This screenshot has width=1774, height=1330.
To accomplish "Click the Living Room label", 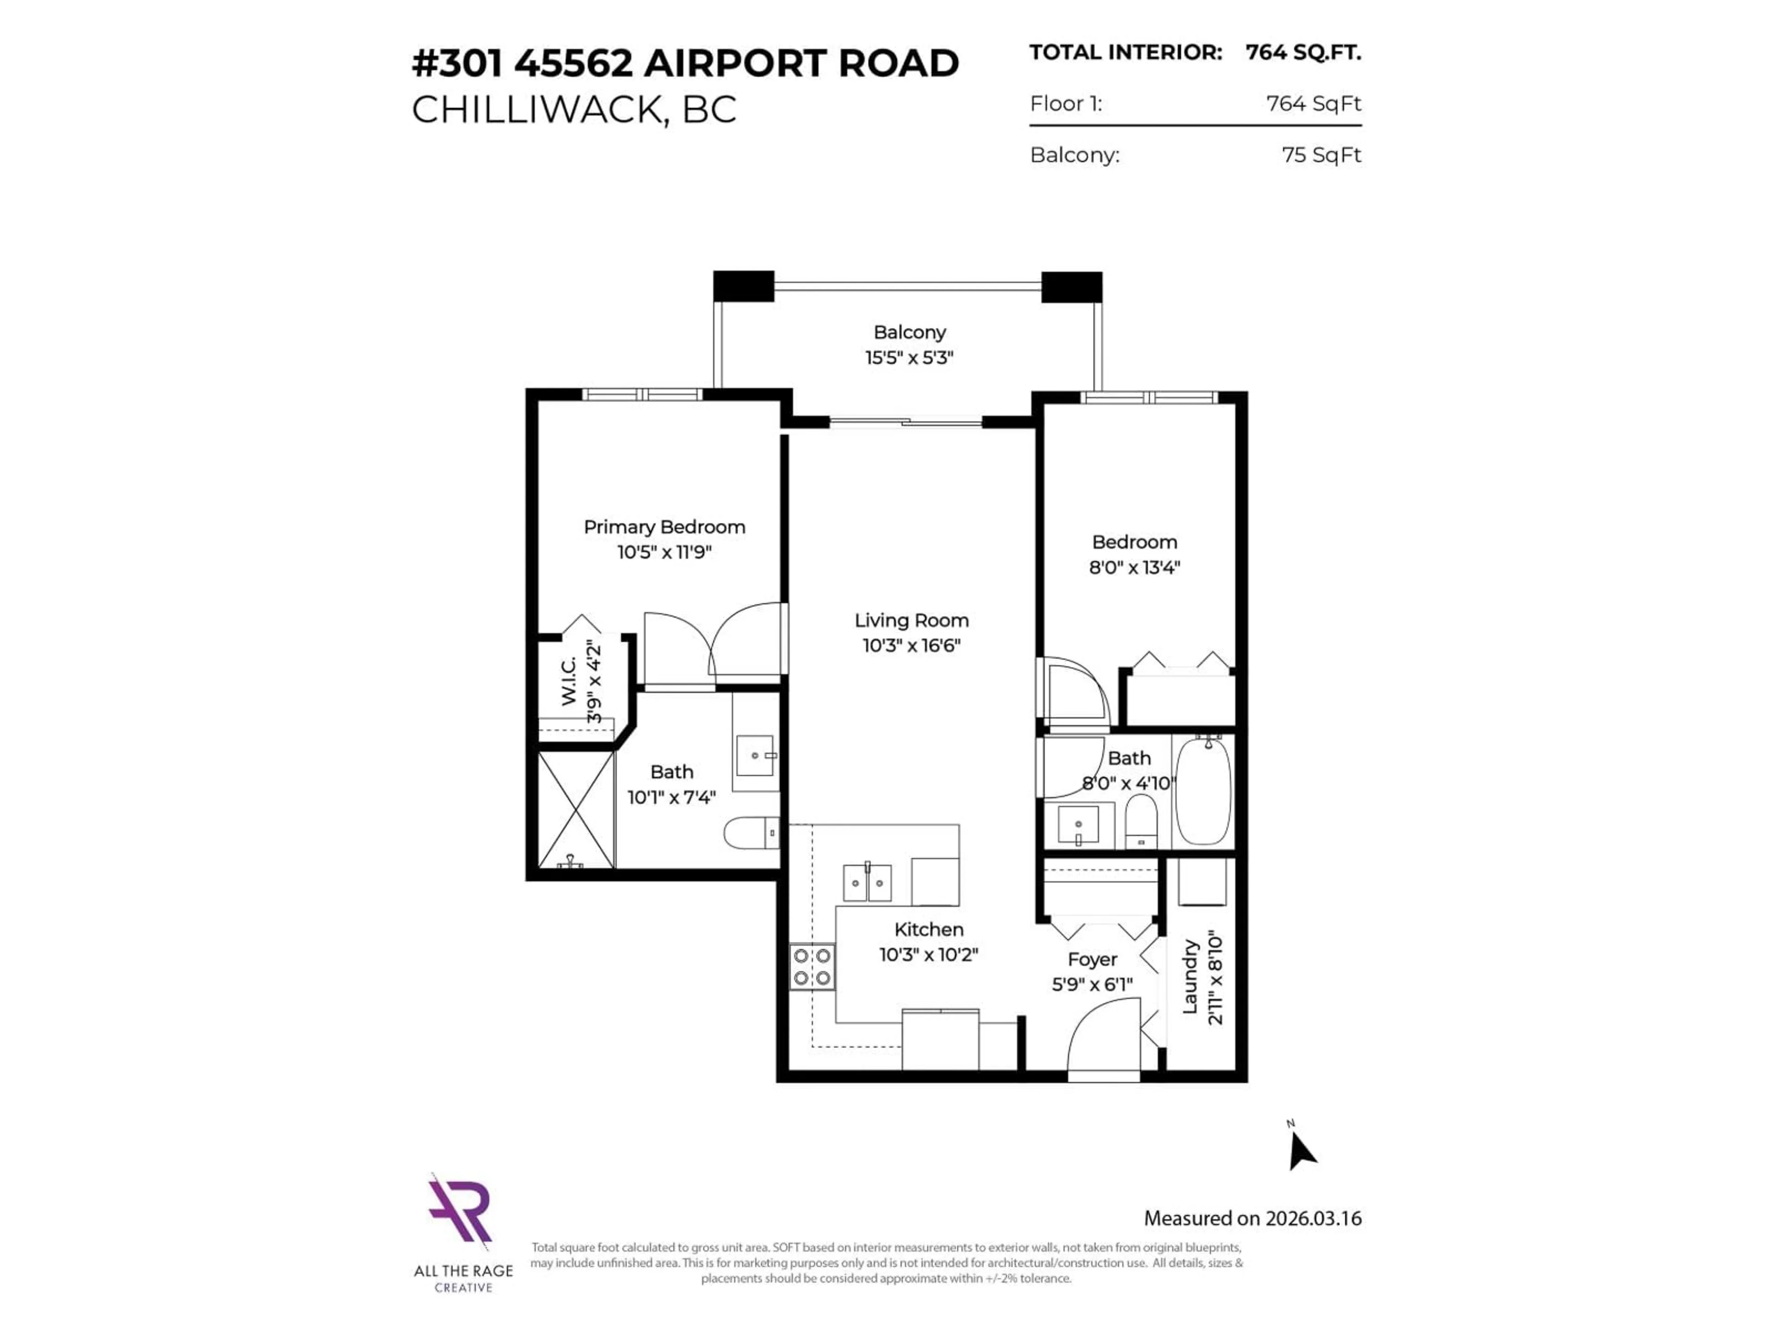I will click(x=911, y=620).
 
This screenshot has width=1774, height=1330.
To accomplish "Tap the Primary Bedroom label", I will click(x=664, y=527).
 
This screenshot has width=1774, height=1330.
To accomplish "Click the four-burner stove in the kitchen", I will click(x=812, y=967).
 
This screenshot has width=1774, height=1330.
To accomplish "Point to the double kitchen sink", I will click(x=867, y=883).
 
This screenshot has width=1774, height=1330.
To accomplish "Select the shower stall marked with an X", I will click(x=575, y=810).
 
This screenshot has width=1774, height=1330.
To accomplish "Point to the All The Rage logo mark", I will click(x=460, y=1210).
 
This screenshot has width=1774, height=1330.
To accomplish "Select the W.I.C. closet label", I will click(x=569, y=682).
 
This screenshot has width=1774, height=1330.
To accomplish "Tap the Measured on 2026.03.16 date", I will click(x=1252, y=1218).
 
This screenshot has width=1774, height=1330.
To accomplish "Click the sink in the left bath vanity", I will click(x=755, y=756).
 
